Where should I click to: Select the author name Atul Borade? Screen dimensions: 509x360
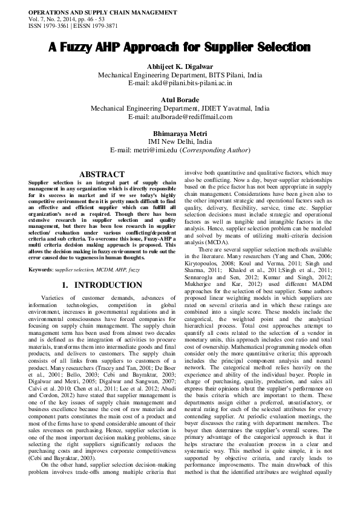pyautogui.click(x=180, y=100)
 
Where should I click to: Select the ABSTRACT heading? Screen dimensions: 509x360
pyautogui.click(x=102, y=174)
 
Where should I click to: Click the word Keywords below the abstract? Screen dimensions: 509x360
pyautogui.click(x=40, y=251)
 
